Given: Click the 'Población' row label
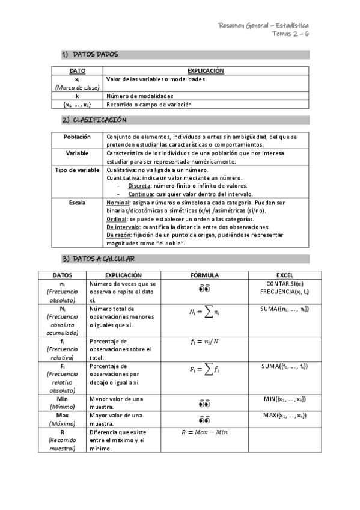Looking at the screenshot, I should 77,137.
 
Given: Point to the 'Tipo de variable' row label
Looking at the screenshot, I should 77,170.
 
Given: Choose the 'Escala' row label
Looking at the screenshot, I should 77,203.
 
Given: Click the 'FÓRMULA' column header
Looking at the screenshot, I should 204,275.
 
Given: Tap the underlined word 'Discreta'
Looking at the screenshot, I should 139,186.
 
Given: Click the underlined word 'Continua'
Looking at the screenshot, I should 139,194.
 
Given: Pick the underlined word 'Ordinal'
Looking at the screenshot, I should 116,220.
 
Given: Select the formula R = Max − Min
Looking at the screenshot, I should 204,432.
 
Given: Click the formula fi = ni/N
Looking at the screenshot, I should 204,342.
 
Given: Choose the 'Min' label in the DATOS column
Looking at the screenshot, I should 63,399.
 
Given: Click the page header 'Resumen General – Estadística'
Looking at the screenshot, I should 264,26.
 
